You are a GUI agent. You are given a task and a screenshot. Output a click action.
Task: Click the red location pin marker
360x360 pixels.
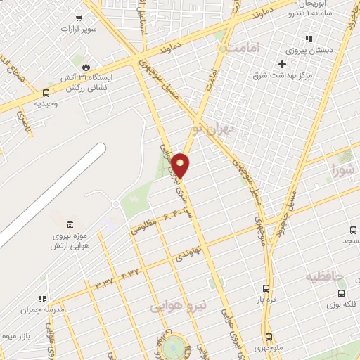click(181, 165)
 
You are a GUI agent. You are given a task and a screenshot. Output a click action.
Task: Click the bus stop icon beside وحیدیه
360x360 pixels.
click(46, 93)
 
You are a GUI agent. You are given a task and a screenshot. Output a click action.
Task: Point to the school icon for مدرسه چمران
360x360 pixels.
click(42, 297)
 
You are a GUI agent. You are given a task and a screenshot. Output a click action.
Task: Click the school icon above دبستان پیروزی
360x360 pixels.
click(307, 39)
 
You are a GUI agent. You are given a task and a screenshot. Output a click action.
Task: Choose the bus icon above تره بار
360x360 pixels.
click(266, 288)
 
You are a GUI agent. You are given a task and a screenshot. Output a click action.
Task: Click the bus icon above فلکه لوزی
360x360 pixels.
click(341, 294)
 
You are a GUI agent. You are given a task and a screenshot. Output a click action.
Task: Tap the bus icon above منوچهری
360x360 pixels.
click(268, 337)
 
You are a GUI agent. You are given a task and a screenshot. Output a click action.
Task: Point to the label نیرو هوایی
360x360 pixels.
click(179, 305)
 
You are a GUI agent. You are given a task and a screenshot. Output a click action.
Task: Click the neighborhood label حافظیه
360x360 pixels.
click(324, 276)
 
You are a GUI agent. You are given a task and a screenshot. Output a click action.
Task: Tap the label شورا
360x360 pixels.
click(345, 168)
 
